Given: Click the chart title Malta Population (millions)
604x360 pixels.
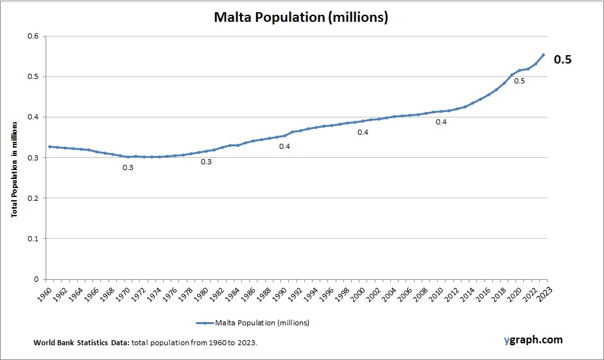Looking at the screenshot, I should pos(301,18).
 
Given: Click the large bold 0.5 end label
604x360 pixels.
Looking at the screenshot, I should pos(562,60).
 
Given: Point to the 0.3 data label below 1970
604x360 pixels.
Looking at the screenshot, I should pos(128,168).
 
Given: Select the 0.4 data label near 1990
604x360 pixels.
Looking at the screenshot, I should pos(284,146).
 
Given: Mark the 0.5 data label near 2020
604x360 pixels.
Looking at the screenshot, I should pos(519,81).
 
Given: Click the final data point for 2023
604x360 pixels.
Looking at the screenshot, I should pos(543,55).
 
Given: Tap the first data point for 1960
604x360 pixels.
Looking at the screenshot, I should pos(49,146).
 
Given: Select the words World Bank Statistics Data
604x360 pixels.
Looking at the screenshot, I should pos(82,343).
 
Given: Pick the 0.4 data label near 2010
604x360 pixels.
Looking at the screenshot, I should pos(441,122).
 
